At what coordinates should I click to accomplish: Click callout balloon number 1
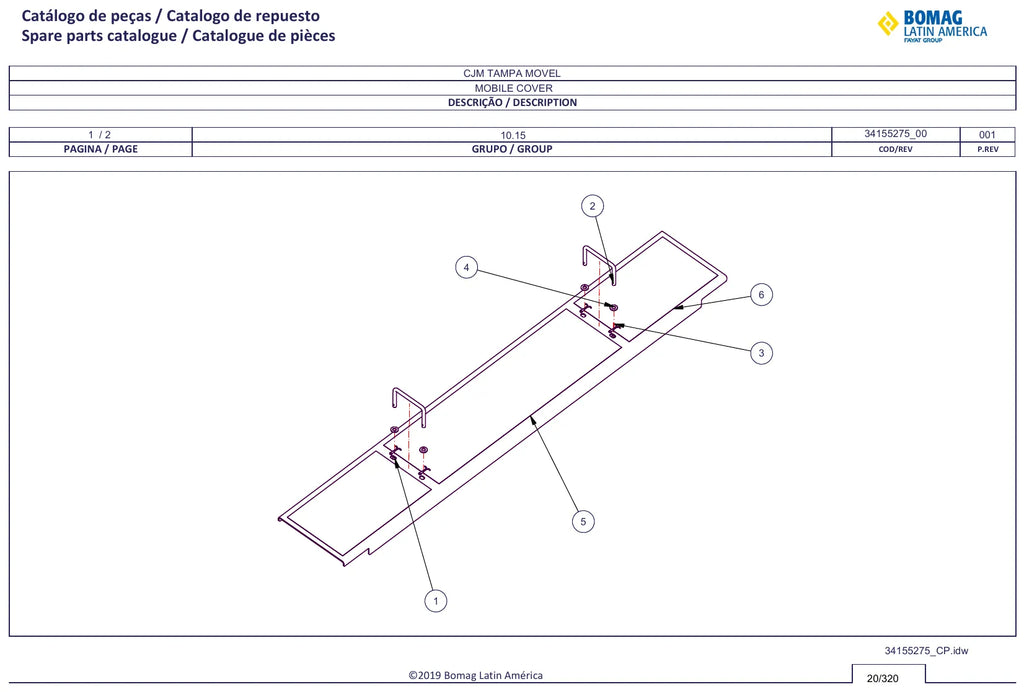[436, 601]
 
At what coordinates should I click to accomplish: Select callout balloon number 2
[592, 206]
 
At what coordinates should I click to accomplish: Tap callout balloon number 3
[761, 353]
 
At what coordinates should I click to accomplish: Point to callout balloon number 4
[466, 268]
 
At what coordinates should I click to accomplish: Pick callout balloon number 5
[583, 522]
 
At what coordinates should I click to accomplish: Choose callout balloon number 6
[761, 294]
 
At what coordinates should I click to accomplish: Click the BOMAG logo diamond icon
[888, 24]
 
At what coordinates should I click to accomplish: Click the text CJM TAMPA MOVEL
[512, 74]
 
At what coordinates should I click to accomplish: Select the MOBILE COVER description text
[513, 88]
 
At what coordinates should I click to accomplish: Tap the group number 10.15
[513, 135]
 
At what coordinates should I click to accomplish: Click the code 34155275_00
[895, 134]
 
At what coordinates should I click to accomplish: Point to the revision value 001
[987, 135]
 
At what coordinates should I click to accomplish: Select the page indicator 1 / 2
[99, 135]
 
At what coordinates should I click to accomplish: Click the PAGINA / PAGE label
[101, 149]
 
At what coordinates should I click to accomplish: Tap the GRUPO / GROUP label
[512, 149]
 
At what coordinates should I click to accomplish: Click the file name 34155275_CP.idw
[926, 651]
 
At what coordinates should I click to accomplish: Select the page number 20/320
[882, 678]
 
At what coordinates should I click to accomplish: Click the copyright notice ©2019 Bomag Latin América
[475, 676]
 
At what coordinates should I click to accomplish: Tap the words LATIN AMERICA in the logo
[945, 31]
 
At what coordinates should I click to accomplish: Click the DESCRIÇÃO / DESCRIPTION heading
[512, 102]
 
